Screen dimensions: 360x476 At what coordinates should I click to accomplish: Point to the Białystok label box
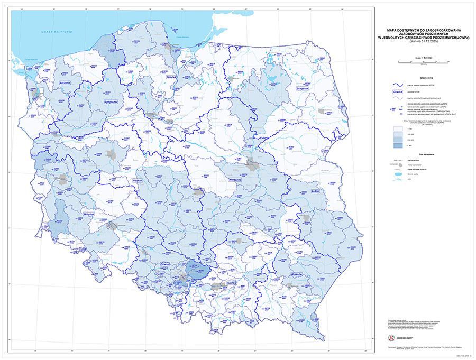pos(302,89)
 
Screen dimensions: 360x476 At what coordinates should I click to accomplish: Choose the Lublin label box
pos(317,191)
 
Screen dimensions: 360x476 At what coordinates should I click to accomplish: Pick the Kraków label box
pos(231,283)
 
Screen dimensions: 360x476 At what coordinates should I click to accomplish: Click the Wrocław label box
pos(88,214)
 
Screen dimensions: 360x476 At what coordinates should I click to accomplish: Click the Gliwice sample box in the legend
pos(398,91)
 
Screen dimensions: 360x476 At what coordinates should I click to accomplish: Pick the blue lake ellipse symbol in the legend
pos(398,173)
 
